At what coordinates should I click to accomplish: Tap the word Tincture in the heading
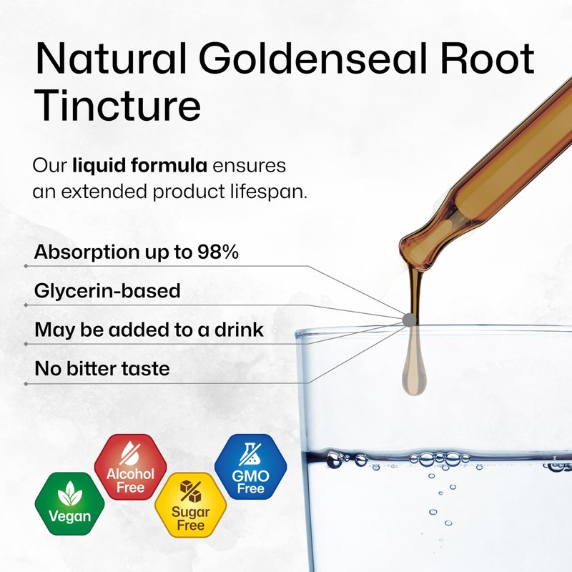[x=117, y=105]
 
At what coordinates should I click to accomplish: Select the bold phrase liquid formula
[x=140, y=167]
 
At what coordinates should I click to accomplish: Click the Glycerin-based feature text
[x=107, y=291]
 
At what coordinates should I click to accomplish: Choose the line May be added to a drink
[x=149, y=330]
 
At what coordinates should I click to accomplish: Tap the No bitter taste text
[x=102, y=369]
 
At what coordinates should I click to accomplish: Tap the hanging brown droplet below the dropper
[x=413, y=372]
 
